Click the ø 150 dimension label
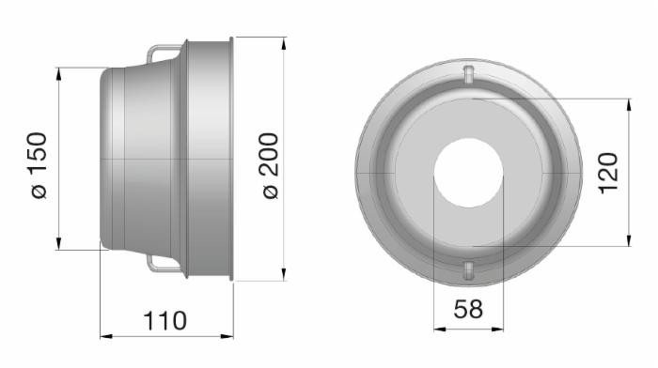click(39, 164)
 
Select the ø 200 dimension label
click(269, 164)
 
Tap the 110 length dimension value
click(164, 320)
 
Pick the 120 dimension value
click(607, 173)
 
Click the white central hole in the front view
click(468, 174)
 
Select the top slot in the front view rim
click(468, 74)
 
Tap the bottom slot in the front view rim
click(468, 271)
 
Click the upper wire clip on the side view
click(162, 49)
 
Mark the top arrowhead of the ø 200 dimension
click(283, 42)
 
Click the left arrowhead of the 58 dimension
click(438, 328)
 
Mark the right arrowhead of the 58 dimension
click(498, 328)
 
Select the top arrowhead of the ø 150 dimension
click(58, 72)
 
